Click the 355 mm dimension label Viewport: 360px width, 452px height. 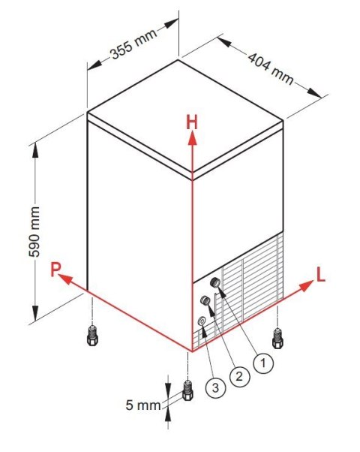134,44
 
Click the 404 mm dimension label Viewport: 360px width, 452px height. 271,68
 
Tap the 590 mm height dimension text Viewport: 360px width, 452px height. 34,232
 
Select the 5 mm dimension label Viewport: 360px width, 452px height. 143,405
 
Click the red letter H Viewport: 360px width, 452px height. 192,122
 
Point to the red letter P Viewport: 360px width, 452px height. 55,269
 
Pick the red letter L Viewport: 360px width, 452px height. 321,274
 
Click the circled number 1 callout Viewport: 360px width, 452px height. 263,363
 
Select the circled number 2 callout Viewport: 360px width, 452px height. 239,376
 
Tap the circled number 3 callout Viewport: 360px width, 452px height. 215,387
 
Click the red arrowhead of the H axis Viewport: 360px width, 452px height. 192,138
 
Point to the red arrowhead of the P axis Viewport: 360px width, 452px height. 65,279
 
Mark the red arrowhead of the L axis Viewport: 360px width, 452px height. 306,285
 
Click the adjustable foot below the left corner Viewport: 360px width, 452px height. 92,335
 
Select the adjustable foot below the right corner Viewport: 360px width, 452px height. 277,338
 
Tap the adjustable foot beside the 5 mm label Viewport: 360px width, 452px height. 187,390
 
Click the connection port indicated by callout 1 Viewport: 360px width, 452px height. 215,282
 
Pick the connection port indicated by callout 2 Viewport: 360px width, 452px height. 205,300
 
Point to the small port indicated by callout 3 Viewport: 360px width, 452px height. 202,321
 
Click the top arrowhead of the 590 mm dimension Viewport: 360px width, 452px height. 35,149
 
